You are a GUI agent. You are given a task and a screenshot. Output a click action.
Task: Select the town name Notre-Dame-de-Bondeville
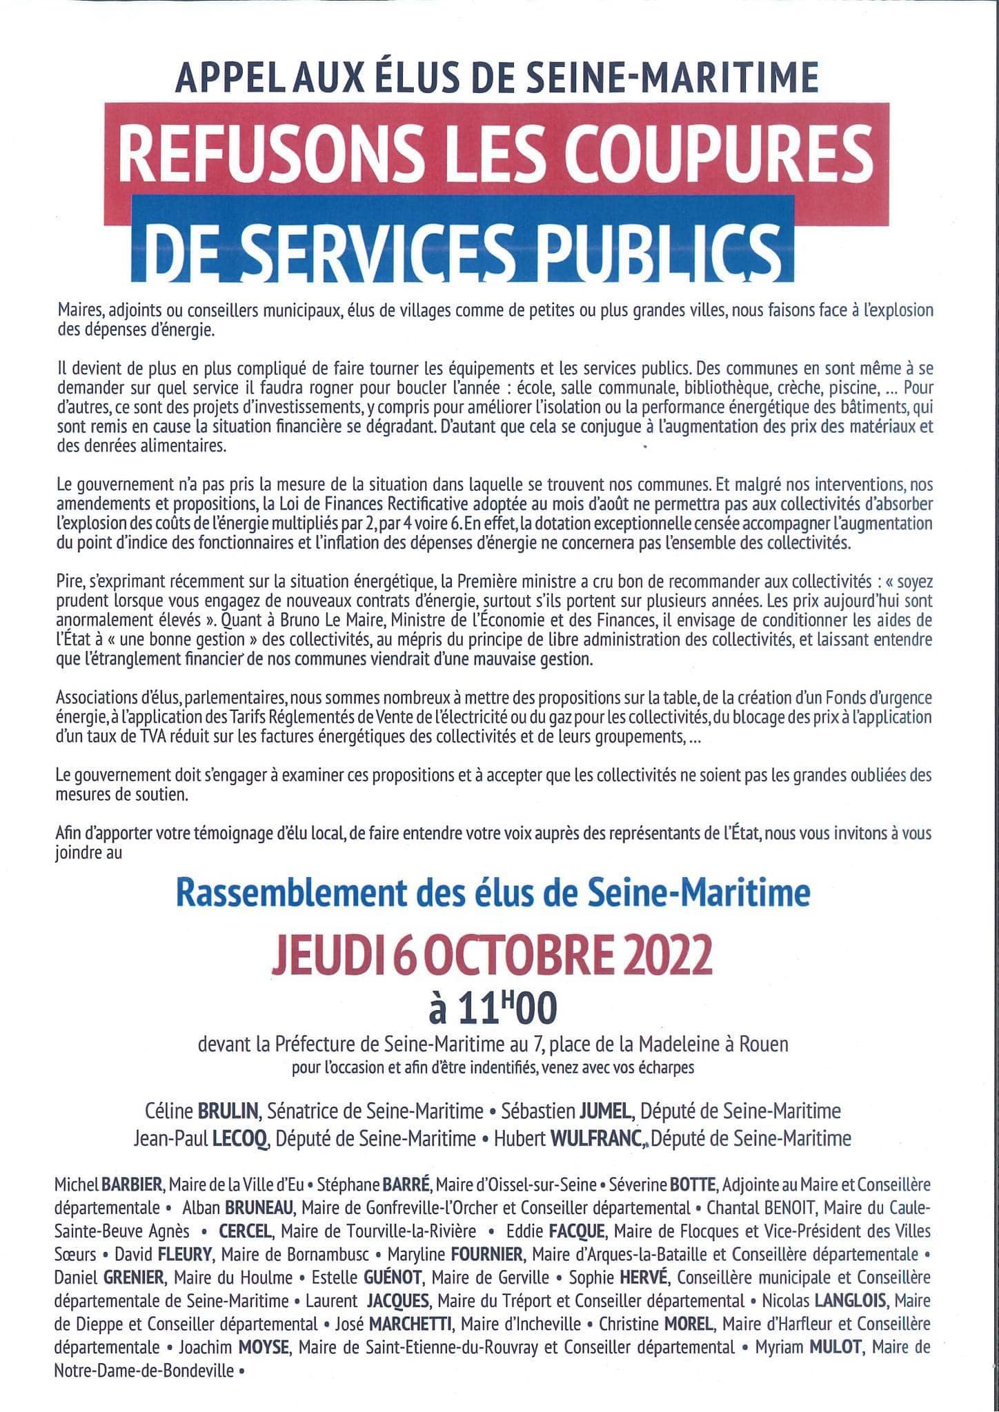pos(144,1371)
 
